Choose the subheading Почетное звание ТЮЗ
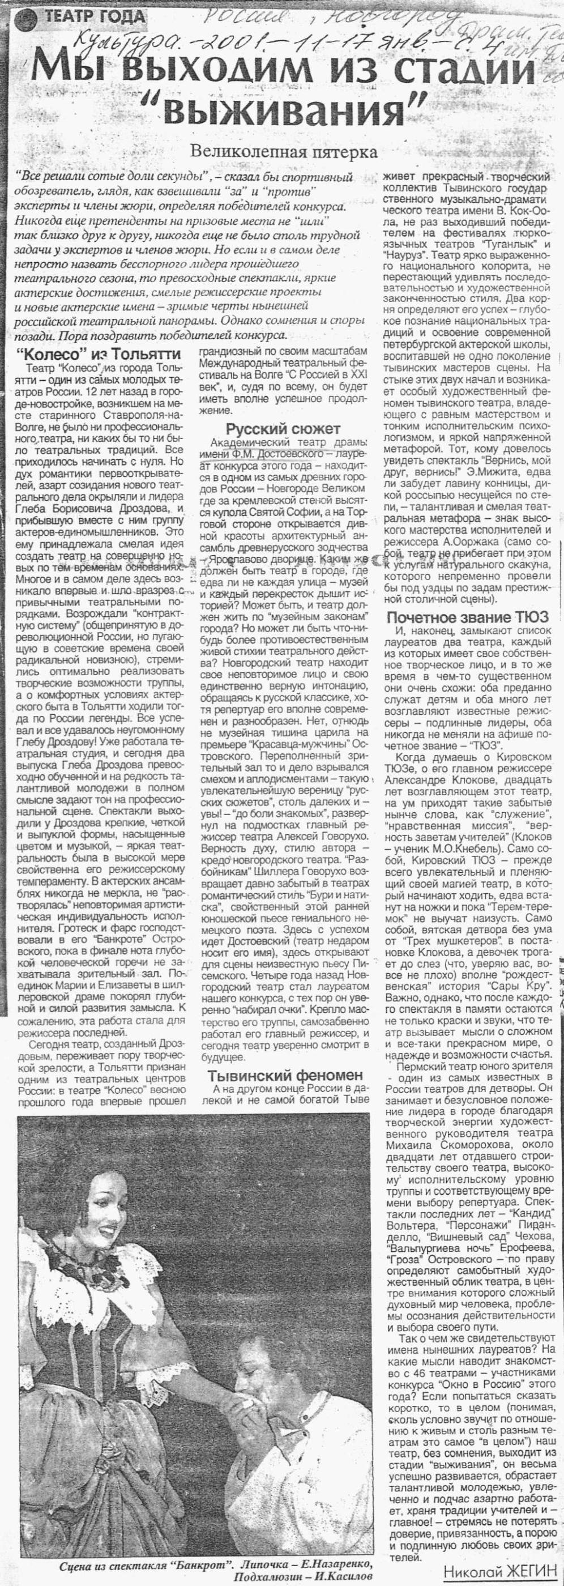467,617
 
